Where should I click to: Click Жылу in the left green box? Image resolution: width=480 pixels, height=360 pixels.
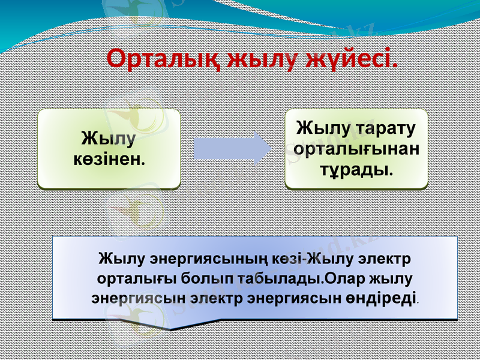coord(108,139)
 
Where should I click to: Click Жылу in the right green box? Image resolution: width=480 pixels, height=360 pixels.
coord(322,128)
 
